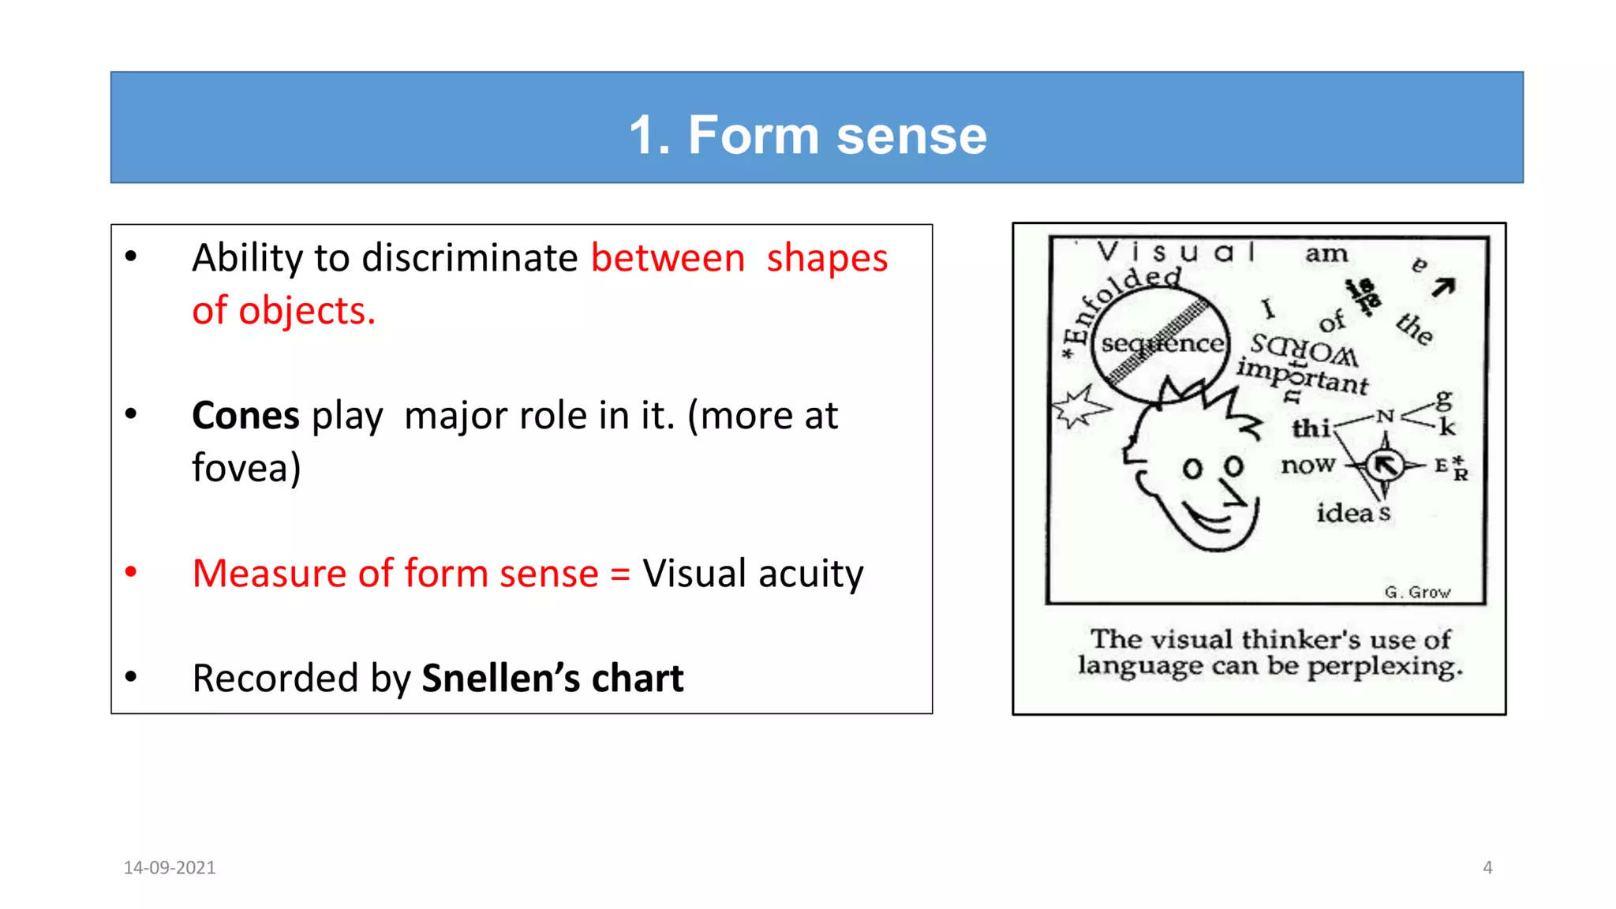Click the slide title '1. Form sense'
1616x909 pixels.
807,135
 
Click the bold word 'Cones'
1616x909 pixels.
245,416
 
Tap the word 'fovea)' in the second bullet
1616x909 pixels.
246,468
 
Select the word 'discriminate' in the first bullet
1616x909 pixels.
469,258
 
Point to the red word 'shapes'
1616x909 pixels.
827,258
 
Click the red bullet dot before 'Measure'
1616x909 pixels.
131,572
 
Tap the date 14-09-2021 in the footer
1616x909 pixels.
170,867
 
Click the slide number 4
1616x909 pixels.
1487,867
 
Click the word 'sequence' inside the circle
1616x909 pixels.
1162,344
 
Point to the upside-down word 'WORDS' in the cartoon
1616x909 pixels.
1304,349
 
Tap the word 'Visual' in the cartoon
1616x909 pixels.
1176,252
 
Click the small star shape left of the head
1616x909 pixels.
1079,408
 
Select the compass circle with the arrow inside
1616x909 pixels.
1385,466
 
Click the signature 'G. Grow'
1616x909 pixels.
1417,592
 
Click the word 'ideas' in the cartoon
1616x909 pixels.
1353,513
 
